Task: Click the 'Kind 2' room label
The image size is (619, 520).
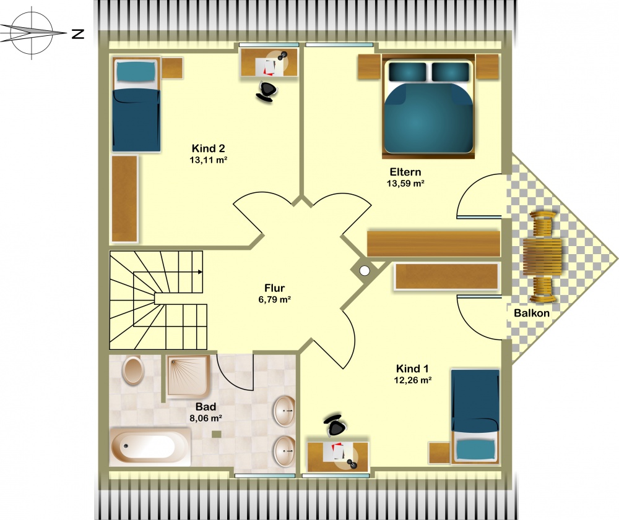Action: point(208,148)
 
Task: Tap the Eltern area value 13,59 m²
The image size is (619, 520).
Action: point(405,183)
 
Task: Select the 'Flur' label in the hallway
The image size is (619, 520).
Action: point(274,288)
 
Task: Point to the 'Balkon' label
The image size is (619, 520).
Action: point(531,313)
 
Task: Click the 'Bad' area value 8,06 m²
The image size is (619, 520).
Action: point(206,418)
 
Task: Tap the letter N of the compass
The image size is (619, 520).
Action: point(78,34)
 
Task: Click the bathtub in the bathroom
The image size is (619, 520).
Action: point(150,448)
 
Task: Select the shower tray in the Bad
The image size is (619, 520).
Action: point(188,376)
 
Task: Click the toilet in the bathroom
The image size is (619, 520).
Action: point(133,370)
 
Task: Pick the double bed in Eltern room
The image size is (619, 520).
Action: point(428,106)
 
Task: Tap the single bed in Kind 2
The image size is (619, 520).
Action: point(137,104)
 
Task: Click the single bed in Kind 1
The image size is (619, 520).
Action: point(475,416)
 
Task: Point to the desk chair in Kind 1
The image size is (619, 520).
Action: point(335,425)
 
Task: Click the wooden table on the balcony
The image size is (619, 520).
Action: point(542,257)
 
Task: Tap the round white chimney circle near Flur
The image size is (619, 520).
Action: point(365,270)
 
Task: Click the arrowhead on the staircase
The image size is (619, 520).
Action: point(200,272)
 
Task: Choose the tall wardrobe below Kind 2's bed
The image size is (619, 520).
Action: point(125,198)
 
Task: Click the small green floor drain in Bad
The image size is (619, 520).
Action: point(216,434)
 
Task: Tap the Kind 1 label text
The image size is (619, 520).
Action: point(412,369)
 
